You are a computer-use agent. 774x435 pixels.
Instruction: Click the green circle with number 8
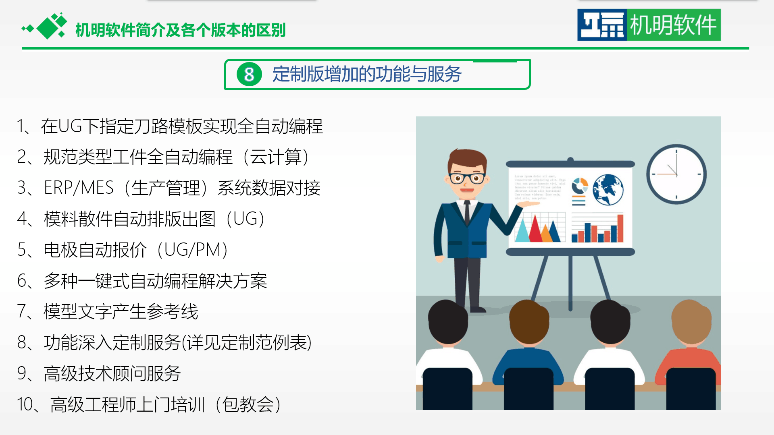(x=249, y=75)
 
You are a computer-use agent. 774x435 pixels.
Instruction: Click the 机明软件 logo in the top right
(x=649, y=25)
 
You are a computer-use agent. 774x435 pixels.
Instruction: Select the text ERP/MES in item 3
(x=79, y=188)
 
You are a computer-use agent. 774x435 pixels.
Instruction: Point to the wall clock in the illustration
(x=676, y=174)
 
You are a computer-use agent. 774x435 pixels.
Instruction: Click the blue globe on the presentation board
(x=608, y=189)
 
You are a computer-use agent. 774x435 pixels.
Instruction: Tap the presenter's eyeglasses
(x=467, y=178)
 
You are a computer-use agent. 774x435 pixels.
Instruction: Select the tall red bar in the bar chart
(x=620, y=228)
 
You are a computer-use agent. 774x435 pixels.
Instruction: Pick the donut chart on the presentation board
(x=580, y=186)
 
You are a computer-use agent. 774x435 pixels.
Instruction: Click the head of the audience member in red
(x=691, y=322)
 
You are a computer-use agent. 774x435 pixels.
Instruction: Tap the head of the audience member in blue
(x=529, y=322)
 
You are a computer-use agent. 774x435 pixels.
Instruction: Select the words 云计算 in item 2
(x=276, y=157)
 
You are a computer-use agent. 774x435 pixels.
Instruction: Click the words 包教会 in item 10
(x=248, y=404)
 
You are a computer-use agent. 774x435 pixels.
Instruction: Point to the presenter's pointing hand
(x=527, y=204)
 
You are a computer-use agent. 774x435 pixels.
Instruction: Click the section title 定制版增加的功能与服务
(x=367, y=75)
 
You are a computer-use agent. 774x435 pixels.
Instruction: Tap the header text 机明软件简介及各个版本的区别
(x=181, y=30)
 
